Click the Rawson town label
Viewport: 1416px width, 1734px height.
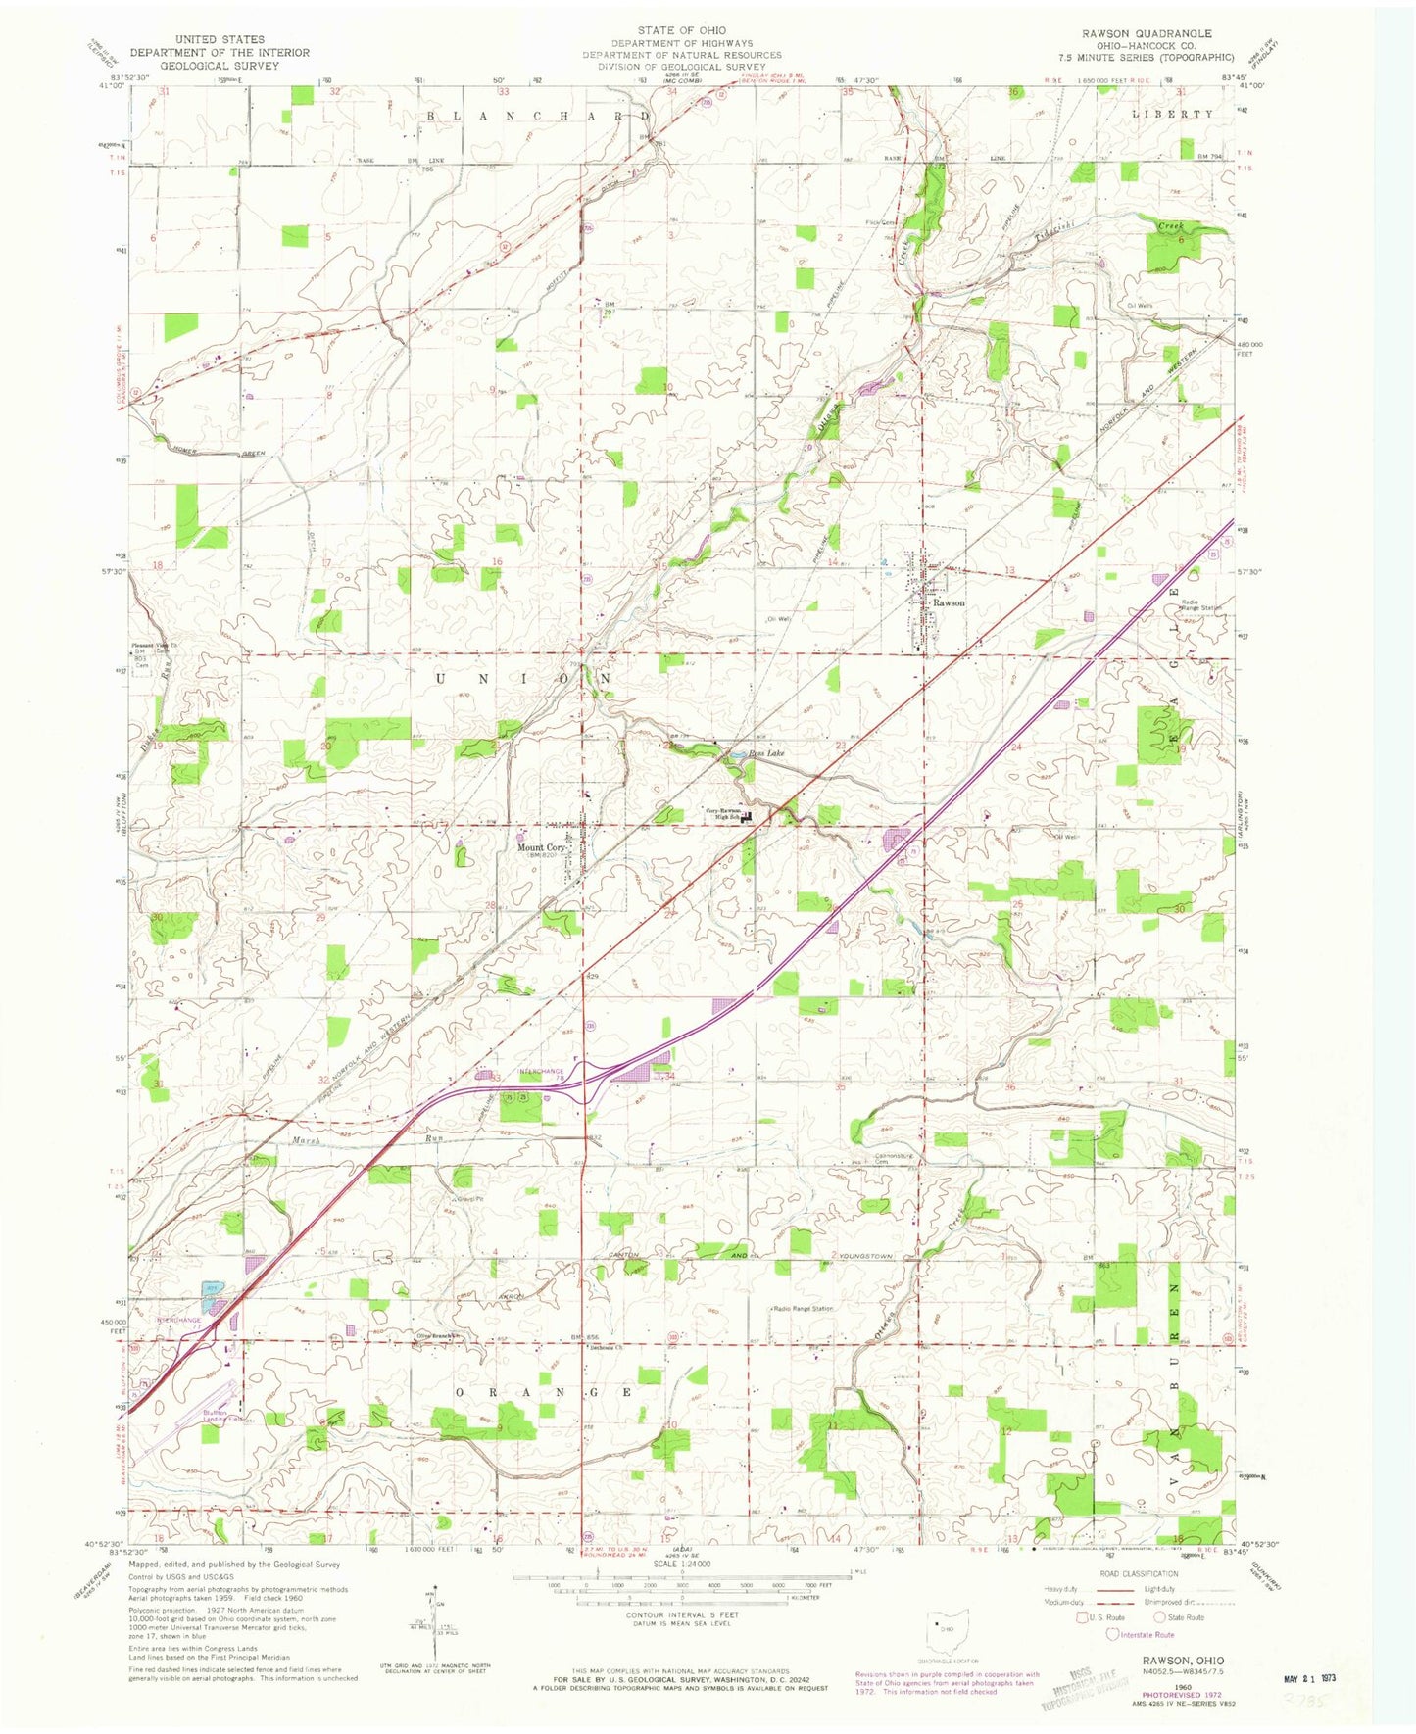(x=949, y=602)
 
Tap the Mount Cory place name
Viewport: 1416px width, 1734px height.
(x=541, y=847)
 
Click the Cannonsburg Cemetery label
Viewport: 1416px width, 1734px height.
(x=894, y=1158)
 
